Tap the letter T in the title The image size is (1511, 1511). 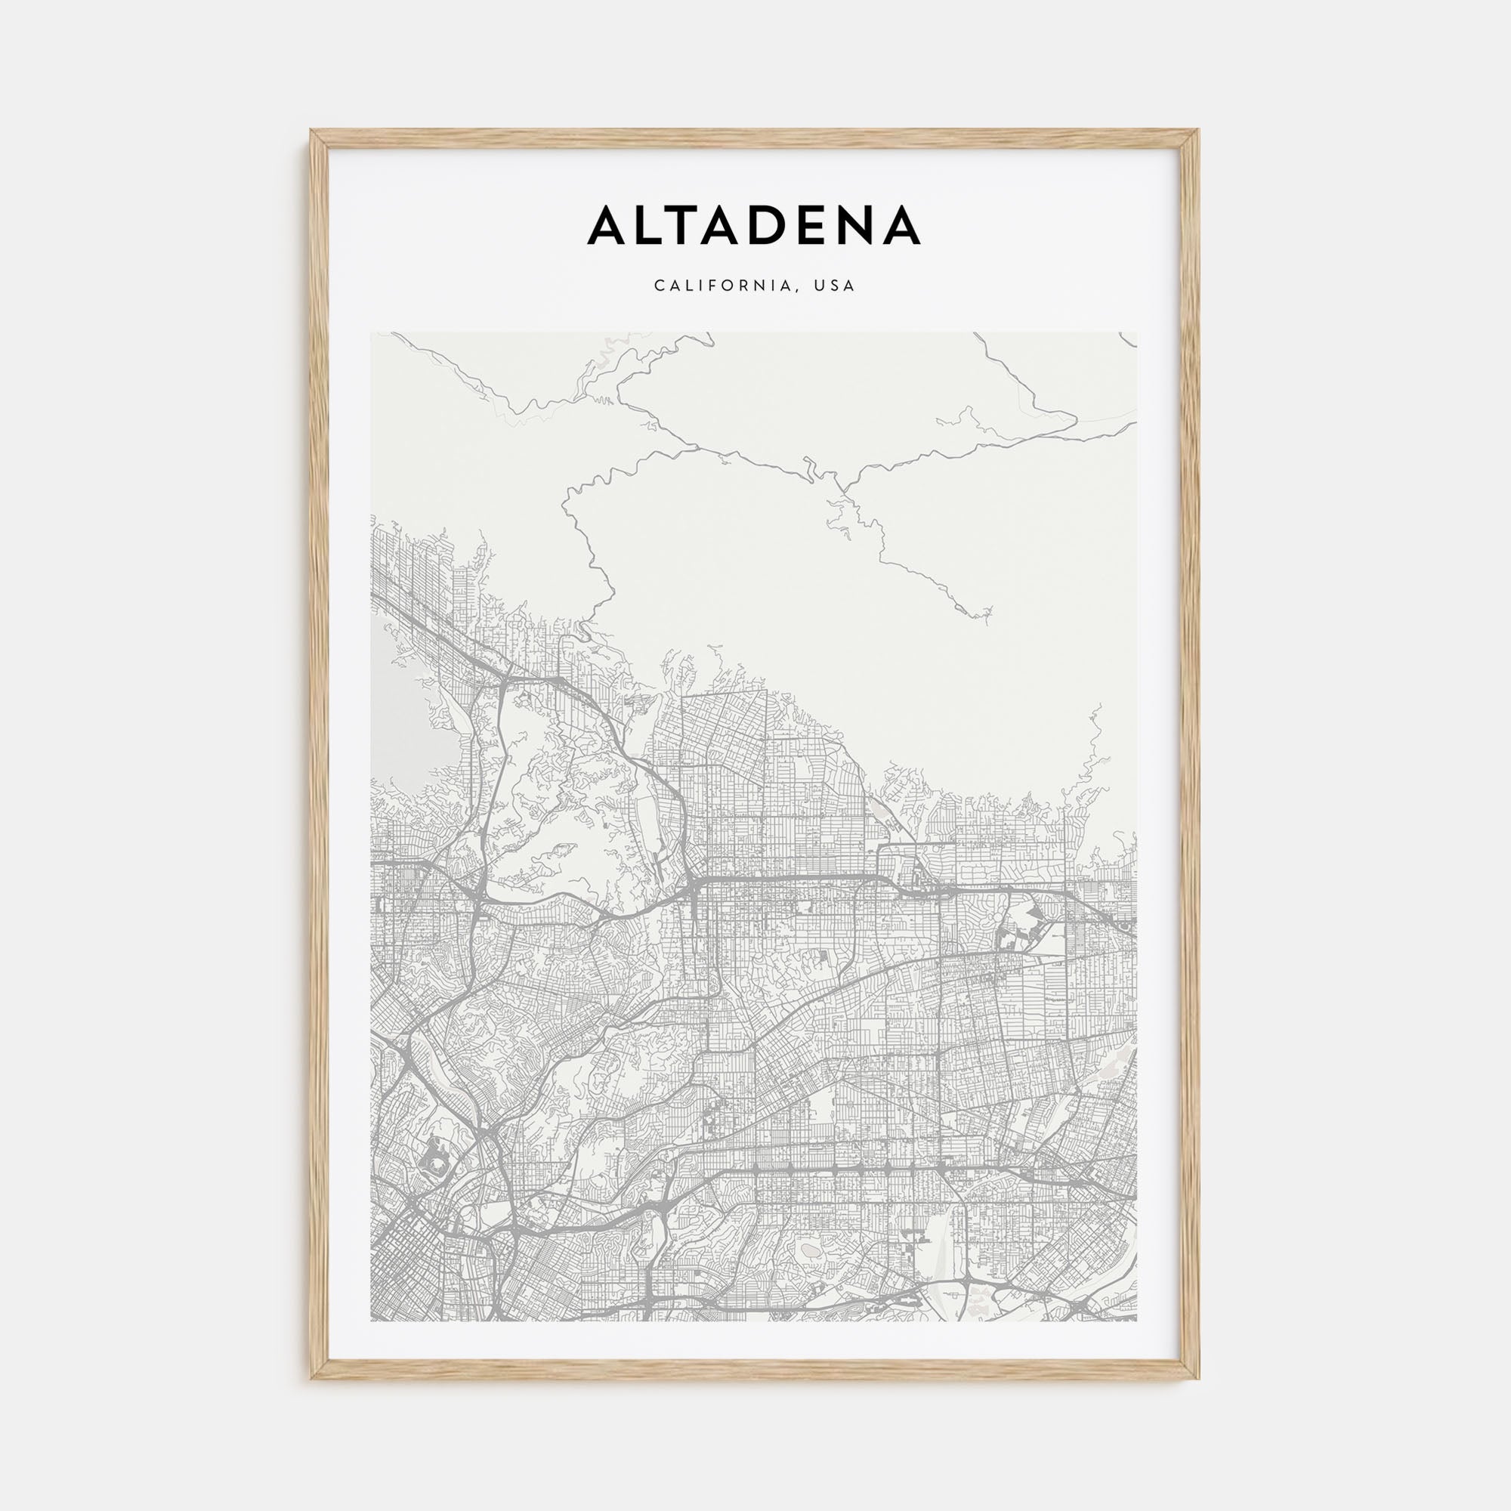pos(691,225)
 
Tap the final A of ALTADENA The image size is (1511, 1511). pos(901,225)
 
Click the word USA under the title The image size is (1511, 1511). pos(835,286)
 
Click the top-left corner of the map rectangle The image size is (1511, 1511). pos(372,332)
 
